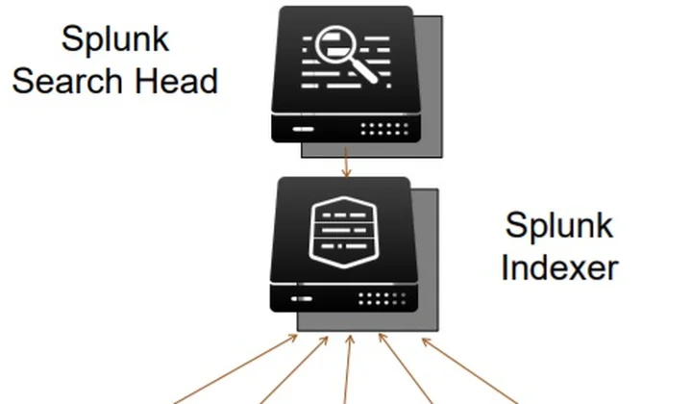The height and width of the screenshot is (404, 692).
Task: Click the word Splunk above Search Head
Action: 115,39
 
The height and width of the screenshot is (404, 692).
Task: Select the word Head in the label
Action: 176,81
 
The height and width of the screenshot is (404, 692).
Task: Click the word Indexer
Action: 559,267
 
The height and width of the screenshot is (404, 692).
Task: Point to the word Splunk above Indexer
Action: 559,226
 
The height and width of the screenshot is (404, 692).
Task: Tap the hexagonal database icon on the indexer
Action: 344,232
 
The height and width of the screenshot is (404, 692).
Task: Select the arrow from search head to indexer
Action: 346,163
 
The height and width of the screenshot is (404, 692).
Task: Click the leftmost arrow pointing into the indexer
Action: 235,369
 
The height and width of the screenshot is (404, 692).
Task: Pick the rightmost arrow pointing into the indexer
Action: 470,371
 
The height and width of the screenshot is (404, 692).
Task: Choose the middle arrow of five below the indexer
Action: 348,369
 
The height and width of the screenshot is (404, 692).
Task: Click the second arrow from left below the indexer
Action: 294,370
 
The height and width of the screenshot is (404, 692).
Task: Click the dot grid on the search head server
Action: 384,129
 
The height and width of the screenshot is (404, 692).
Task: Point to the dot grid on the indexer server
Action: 383,298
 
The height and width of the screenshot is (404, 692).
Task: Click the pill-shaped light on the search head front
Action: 303,129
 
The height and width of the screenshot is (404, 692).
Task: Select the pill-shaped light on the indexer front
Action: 302,299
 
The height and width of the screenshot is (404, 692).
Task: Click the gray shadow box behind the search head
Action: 431,88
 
